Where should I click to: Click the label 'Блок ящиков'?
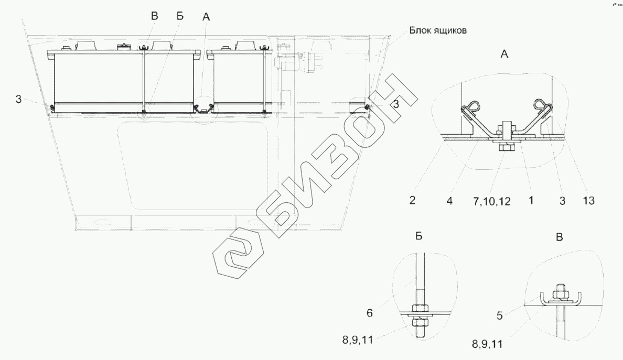point(438,30)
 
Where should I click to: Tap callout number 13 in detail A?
point(588,201)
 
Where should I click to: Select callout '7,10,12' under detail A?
point(492,201)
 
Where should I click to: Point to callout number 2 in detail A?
point(412,201)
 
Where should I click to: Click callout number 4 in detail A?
point(449,201)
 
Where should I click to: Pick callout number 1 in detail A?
point(531,201)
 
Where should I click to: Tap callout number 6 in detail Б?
point(370,313)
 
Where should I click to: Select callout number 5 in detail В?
point(500,315)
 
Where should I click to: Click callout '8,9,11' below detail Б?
point(358,340)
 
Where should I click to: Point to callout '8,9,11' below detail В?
point(488,344)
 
